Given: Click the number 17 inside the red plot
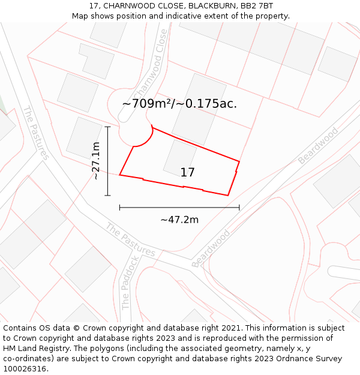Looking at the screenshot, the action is pos(187,173).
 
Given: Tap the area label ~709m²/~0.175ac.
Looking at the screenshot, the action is pos(179,104).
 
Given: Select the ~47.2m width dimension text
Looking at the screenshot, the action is pos(179,220).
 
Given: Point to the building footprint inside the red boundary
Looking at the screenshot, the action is pos(179,158).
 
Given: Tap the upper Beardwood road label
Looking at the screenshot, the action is pos(318,146).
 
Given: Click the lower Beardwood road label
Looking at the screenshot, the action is pos(211,249).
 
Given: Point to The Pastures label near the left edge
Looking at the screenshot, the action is pos(36,133).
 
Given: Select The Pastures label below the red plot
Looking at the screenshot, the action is pos(130,240).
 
